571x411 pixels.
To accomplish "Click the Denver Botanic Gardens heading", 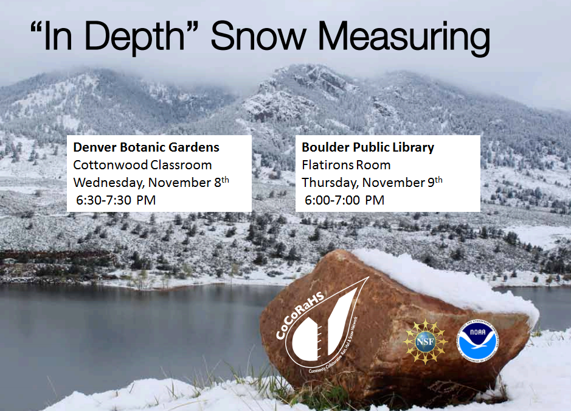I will coord(146,147).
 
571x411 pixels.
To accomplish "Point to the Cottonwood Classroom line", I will coord(142,164).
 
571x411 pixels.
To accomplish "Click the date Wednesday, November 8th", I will coord(151,182).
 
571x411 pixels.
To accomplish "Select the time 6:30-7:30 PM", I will coord(115,200).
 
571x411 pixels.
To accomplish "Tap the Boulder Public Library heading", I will coord(368,147).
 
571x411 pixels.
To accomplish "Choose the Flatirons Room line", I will coord(346,164).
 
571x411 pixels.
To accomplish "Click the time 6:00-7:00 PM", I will coord(344,200).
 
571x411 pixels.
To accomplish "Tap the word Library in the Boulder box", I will coord(414,147).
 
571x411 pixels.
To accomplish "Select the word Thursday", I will coord(326,182).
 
